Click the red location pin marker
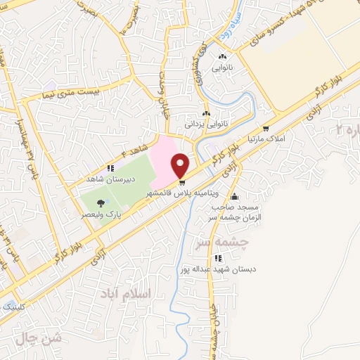(x=181, y=165)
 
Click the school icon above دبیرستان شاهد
(x=110, y=168)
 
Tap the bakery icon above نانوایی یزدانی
(x=206, y=113)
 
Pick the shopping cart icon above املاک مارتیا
(x=265, y=129)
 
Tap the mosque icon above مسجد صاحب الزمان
(x=233, y=176)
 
